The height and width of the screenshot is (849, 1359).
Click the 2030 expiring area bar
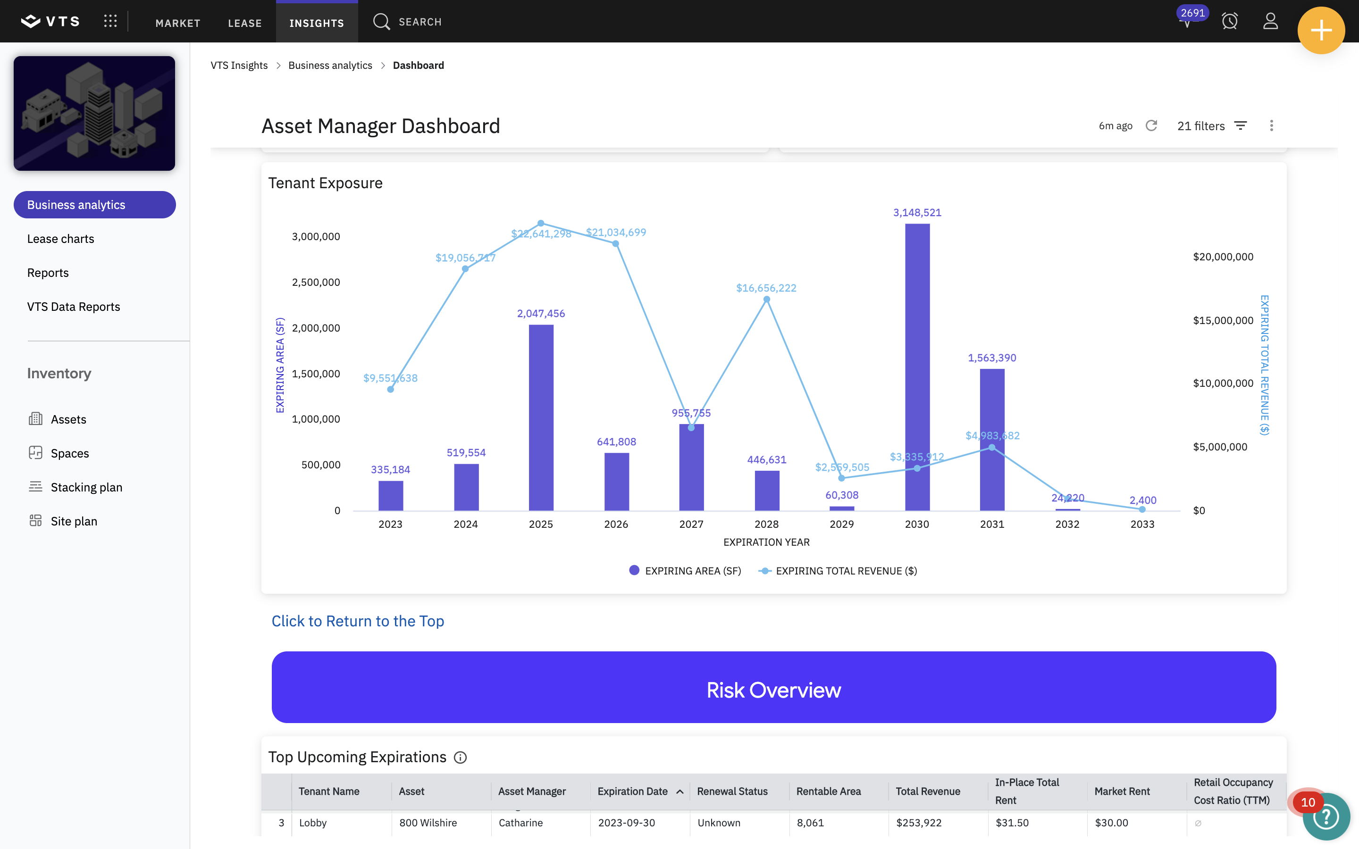(x=917, y=367)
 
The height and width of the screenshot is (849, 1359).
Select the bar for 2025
(x=541, y=418)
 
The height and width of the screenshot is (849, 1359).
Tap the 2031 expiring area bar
(x=992, y=440)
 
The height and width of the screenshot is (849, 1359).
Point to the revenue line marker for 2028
(x=766, y=300)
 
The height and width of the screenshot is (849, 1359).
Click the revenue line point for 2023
(x=390, y=389)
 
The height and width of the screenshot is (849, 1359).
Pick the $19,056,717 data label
(x=466, y=258)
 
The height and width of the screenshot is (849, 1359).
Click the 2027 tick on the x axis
(x=691, y=524)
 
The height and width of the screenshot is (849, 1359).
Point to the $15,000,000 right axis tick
(x=1223, y=320)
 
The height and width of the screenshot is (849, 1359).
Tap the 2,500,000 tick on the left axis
(x=316, y=282)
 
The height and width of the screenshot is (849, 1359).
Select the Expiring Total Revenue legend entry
(x=838, y=571)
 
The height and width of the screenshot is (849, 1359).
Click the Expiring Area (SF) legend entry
(x=685, y=571)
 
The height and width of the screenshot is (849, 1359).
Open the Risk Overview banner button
(x=774, y=687)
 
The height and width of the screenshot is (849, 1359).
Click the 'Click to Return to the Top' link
(x=358, y=621)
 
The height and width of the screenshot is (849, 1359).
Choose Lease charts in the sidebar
(x=61, y=239)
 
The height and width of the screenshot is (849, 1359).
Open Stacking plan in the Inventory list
(x=86, y=487)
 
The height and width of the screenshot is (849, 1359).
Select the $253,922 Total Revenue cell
(x=919, y=823)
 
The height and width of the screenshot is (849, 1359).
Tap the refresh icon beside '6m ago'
(x=1151, y=125)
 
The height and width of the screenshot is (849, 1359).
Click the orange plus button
(x=1321, y=30)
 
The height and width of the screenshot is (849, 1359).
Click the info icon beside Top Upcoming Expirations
(x=460, y=757)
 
